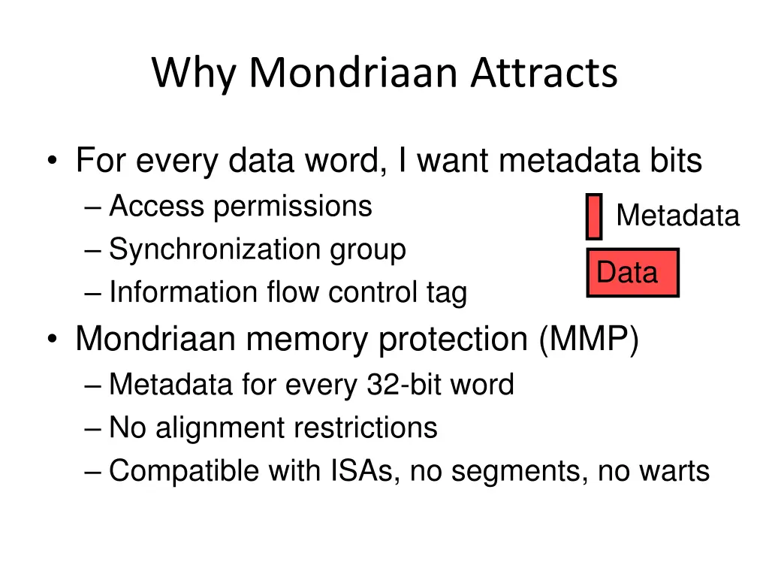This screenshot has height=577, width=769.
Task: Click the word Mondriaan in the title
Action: point(353,74)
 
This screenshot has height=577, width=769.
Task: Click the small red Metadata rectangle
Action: point(594,216)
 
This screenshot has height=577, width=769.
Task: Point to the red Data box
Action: point(632,273)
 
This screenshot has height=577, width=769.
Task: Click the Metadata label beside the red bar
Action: point(677,216)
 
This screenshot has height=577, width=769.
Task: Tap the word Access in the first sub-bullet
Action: point(158,206)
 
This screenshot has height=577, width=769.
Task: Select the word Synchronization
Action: point(216,249)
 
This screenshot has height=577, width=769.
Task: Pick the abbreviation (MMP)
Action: point(588,340)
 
